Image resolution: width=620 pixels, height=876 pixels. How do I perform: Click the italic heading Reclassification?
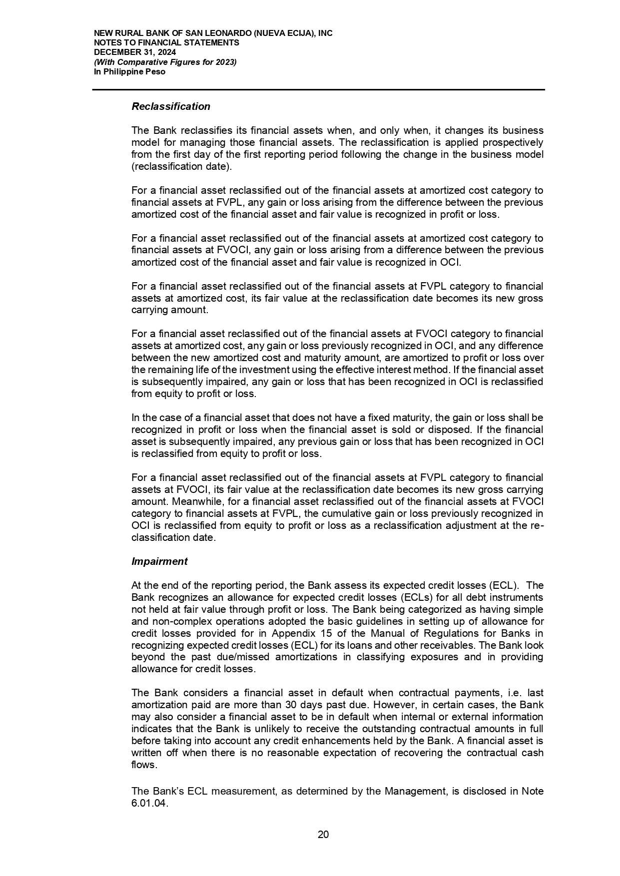171,106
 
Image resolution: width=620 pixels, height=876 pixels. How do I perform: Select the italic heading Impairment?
159,561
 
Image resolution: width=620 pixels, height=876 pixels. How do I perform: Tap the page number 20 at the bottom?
323,835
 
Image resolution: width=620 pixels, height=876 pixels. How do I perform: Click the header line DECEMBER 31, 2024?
135,52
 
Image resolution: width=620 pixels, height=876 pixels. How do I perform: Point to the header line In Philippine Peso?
130,71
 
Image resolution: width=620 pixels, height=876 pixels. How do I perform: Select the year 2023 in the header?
225,62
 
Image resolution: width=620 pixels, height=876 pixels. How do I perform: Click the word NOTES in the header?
106,43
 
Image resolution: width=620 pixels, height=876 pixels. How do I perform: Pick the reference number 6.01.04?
150,804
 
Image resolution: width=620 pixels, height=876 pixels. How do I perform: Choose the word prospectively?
513,142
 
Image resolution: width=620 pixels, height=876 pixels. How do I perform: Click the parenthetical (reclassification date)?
181,166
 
